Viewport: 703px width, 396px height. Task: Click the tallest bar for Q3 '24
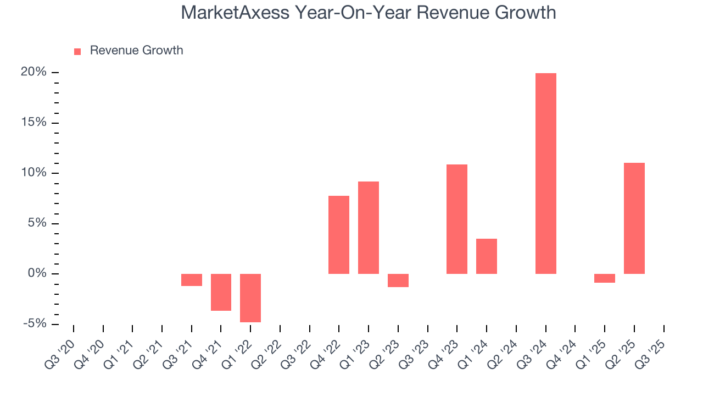pos(545,173)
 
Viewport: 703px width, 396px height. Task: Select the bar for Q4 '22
pos(339,235)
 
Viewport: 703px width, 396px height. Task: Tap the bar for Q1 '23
pos(369,228)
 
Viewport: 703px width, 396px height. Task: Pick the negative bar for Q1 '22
pos(250,298)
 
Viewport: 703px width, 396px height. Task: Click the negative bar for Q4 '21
pos(221,292)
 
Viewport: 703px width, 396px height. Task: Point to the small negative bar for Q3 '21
pos(192,280)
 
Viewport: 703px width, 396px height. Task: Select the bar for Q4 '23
pos(457,219)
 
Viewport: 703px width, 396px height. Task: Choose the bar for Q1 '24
pos(487,256)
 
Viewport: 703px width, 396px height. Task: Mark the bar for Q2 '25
pos(634,218)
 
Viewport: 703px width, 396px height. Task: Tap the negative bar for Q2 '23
pos(398,280)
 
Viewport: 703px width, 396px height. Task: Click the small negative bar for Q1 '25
pos(605,278)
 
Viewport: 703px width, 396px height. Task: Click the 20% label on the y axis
pos(34,73)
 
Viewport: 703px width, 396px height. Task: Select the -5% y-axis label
pos(35,324)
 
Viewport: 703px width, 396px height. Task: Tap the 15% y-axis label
pos(34,123)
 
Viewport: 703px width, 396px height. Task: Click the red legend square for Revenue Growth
pos(77,51)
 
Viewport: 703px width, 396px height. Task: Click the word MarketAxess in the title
pos(232,13)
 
